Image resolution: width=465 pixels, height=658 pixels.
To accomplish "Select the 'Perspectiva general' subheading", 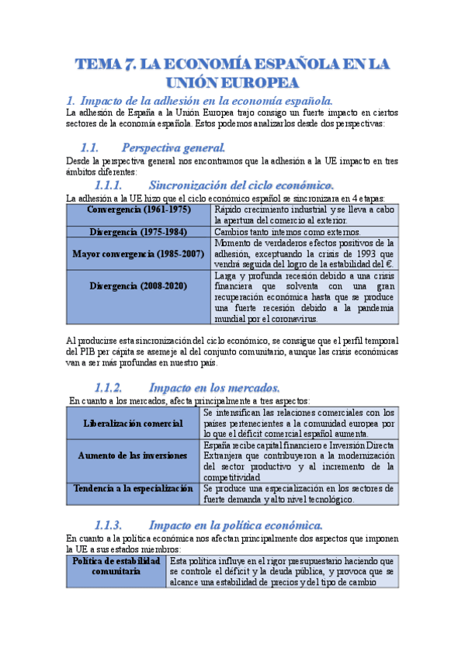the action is point(174,147).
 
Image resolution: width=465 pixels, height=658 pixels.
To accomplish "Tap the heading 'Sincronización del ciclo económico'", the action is point(241,185).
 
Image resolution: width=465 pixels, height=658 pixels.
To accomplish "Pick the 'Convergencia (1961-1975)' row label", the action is point(139,210).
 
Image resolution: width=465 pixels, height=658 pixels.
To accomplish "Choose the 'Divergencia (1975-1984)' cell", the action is point(139,231).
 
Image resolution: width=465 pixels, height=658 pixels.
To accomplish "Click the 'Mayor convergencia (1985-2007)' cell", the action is point(139,254).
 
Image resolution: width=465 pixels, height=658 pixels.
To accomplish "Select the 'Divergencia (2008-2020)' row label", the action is point(139,286).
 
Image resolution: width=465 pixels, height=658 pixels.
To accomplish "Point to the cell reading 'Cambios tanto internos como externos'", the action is point(287,231).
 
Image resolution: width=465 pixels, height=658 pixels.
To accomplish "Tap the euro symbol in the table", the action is point(390,264).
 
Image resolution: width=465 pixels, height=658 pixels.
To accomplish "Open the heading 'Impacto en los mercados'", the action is point(214,387).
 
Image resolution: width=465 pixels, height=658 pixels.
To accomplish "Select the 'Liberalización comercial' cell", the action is point(134,423).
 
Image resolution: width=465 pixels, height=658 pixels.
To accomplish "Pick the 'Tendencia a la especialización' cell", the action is point(134,489).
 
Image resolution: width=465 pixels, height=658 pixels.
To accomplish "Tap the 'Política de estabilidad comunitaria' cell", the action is point(116,565).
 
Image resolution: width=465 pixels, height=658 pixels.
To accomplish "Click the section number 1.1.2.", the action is point(108,387).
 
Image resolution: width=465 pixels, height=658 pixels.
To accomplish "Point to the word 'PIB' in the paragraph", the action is point(89,352).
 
